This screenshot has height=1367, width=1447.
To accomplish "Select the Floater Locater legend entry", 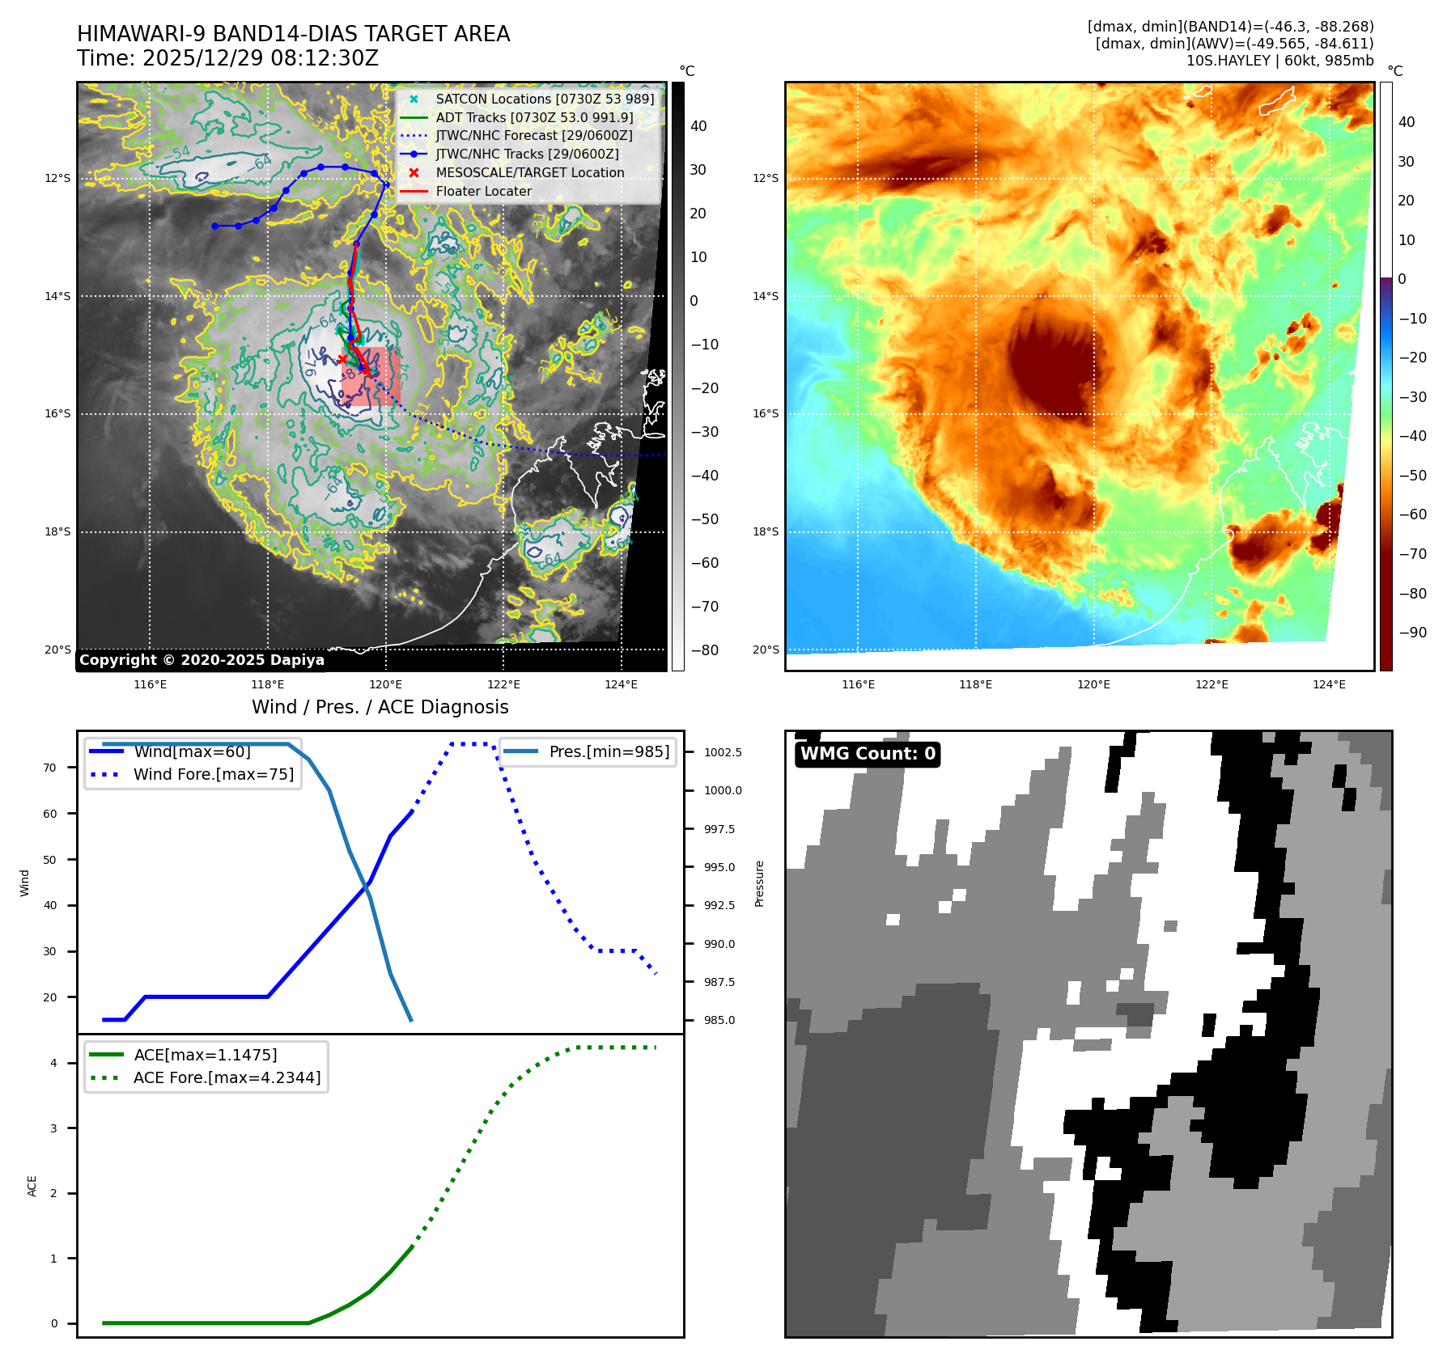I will point(483,192).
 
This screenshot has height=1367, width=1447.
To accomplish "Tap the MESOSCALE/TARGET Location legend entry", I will point(529,173).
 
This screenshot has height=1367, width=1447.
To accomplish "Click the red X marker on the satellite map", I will point(342,359).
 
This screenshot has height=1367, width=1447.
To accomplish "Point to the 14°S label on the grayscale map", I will point(57,297).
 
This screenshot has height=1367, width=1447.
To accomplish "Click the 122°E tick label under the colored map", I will point(1211,684).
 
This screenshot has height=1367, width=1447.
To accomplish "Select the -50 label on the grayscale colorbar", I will point(704,519).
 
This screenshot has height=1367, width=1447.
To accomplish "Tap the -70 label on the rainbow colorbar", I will point(1413,554).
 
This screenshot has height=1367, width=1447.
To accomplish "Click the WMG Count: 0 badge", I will point(868,754).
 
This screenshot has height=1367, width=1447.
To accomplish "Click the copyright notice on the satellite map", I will point(202,660).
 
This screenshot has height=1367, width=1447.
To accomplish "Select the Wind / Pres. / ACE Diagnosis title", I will point(380,707).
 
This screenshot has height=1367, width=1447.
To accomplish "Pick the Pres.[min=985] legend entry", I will point(609,751).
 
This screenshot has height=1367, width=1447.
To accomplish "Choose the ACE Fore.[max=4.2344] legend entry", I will point(227,1077).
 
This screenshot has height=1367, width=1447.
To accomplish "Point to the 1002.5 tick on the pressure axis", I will point(722,752).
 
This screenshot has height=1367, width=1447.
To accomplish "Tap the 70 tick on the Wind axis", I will point(50,768).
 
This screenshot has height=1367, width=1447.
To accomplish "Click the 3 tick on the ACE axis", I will point(54,1128).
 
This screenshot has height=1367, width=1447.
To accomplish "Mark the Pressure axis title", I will point(759,883).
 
